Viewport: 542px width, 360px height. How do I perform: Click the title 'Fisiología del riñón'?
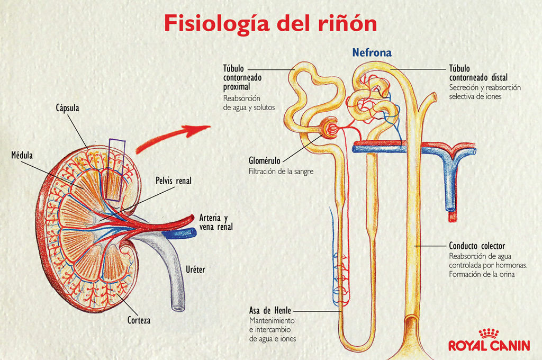click(270, 24)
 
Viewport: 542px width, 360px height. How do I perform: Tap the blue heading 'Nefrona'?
click(372, 53)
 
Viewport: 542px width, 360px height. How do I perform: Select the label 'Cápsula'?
click(67, 108)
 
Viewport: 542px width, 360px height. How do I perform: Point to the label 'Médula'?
click(22, 156)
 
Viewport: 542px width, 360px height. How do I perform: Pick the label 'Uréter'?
click(194, 270)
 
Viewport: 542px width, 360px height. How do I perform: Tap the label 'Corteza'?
click(139, 320)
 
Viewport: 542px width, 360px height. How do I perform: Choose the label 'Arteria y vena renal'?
click(216, 222)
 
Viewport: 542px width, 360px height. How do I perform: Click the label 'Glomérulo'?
click(265, 160)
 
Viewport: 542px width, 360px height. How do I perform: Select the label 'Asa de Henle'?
click(270, 310)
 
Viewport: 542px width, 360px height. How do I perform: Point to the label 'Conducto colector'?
click(477, 246)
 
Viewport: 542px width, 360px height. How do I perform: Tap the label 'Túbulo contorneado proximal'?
click(242, 77)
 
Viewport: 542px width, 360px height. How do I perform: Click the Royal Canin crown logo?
click(489, 334)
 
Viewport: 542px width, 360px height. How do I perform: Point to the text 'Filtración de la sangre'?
click(281, 171)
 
